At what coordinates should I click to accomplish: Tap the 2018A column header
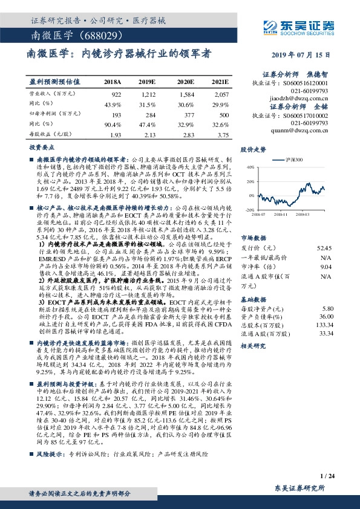coord(113,81)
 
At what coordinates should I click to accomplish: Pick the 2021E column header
coord(220,81)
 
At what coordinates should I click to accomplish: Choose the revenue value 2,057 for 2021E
coord(222,95)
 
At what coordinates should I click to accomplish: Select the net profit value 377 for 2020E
coord(188,114)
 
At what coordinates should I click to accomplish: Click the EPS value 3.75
coord(223,134)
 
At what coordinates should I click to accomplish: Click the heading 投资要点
coord(39,147)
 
